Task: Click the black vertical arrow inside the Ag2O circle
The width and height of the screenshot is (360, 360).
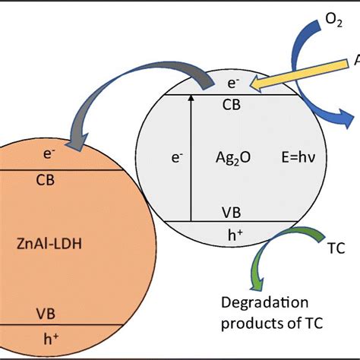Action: pos(191,156)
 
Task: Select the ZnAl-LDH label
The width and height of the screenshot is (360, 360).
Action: pos(49,244)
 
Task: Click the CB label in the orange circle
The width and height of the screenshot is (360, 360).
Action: pos(48,181)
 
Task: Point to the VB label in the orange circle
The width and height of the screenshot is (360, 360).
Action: pos(48,312)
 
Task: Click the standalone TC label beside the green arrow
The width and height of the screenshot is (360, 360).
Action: pos(336,248)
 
